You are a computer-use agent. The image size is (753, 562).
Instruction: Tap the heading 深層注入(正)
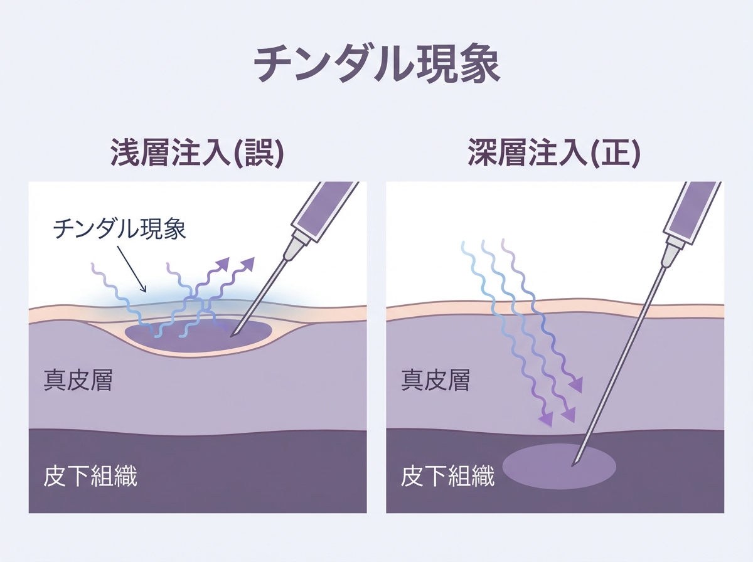point(554,153)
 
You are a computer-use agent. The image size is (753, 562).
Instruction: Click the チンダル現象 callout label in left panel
point(119,228)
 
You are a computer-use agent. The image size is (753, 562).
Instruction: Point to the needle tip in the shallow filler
point(232,335)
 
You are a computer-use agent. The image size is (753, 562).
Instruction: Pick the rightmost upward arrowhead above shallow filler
point(250,262)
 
